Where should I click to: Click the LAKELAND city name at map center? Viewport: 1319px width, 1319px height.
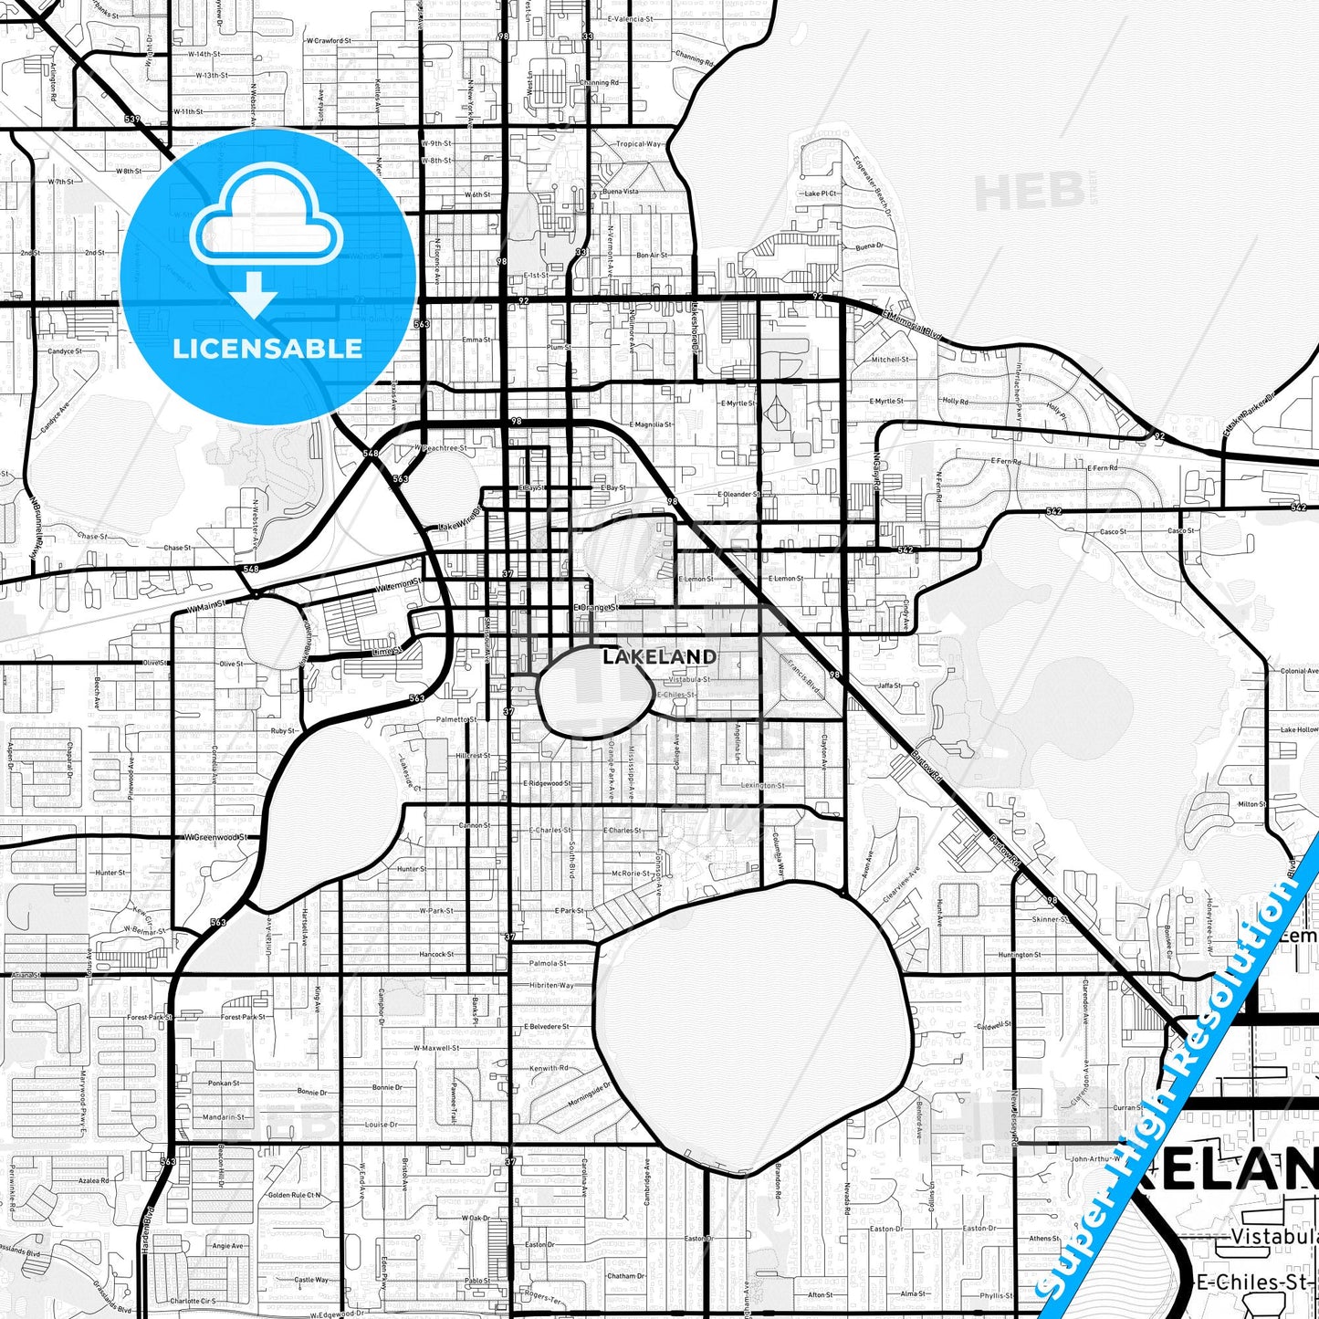tap(659, 656)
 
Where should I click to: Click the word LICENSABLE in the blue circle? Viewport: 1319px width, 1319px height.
tap(267, 348)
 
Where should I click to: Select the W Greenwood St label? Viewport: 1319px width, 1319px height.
tap(216, 836)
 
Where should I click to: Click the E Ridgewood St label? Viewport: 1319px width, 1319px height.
tap(547, 783)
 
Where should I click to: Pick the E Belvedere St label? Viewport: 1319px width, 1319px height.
tap(546, 1026)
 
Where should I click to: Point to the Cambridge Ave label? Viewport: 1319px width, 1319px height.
tap(647, 1182)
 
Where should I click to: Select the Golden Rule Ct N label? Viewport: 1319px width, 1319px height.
tap(294, 1195)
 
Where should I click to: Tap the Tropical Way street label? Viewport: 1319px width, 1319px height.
tap(638, 144)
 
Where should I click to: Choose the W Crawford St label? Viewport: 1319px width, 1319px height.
tap(327, 41)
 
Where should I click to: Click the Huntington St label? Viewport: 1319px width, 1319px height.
tap(1019, 955)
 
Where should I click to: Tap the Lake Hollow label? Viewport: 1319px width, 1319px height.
tap(1298, 729)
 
